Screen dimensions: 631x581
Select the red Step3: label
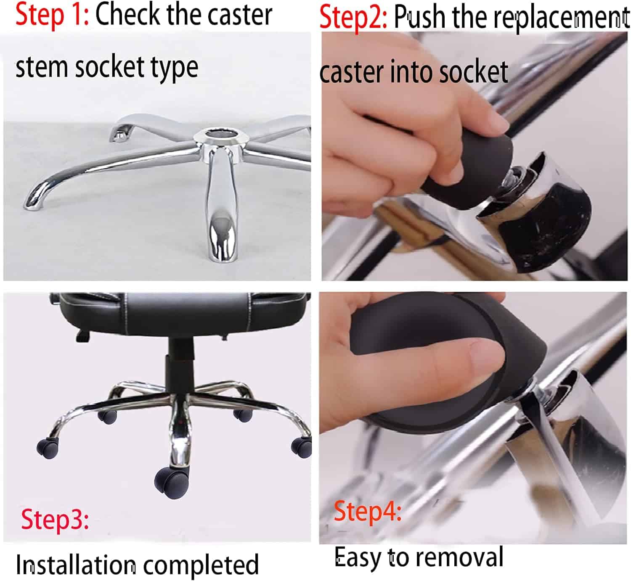(x=55, y=519)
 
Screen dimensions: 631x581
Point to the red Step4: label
(x=367, y=512)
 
